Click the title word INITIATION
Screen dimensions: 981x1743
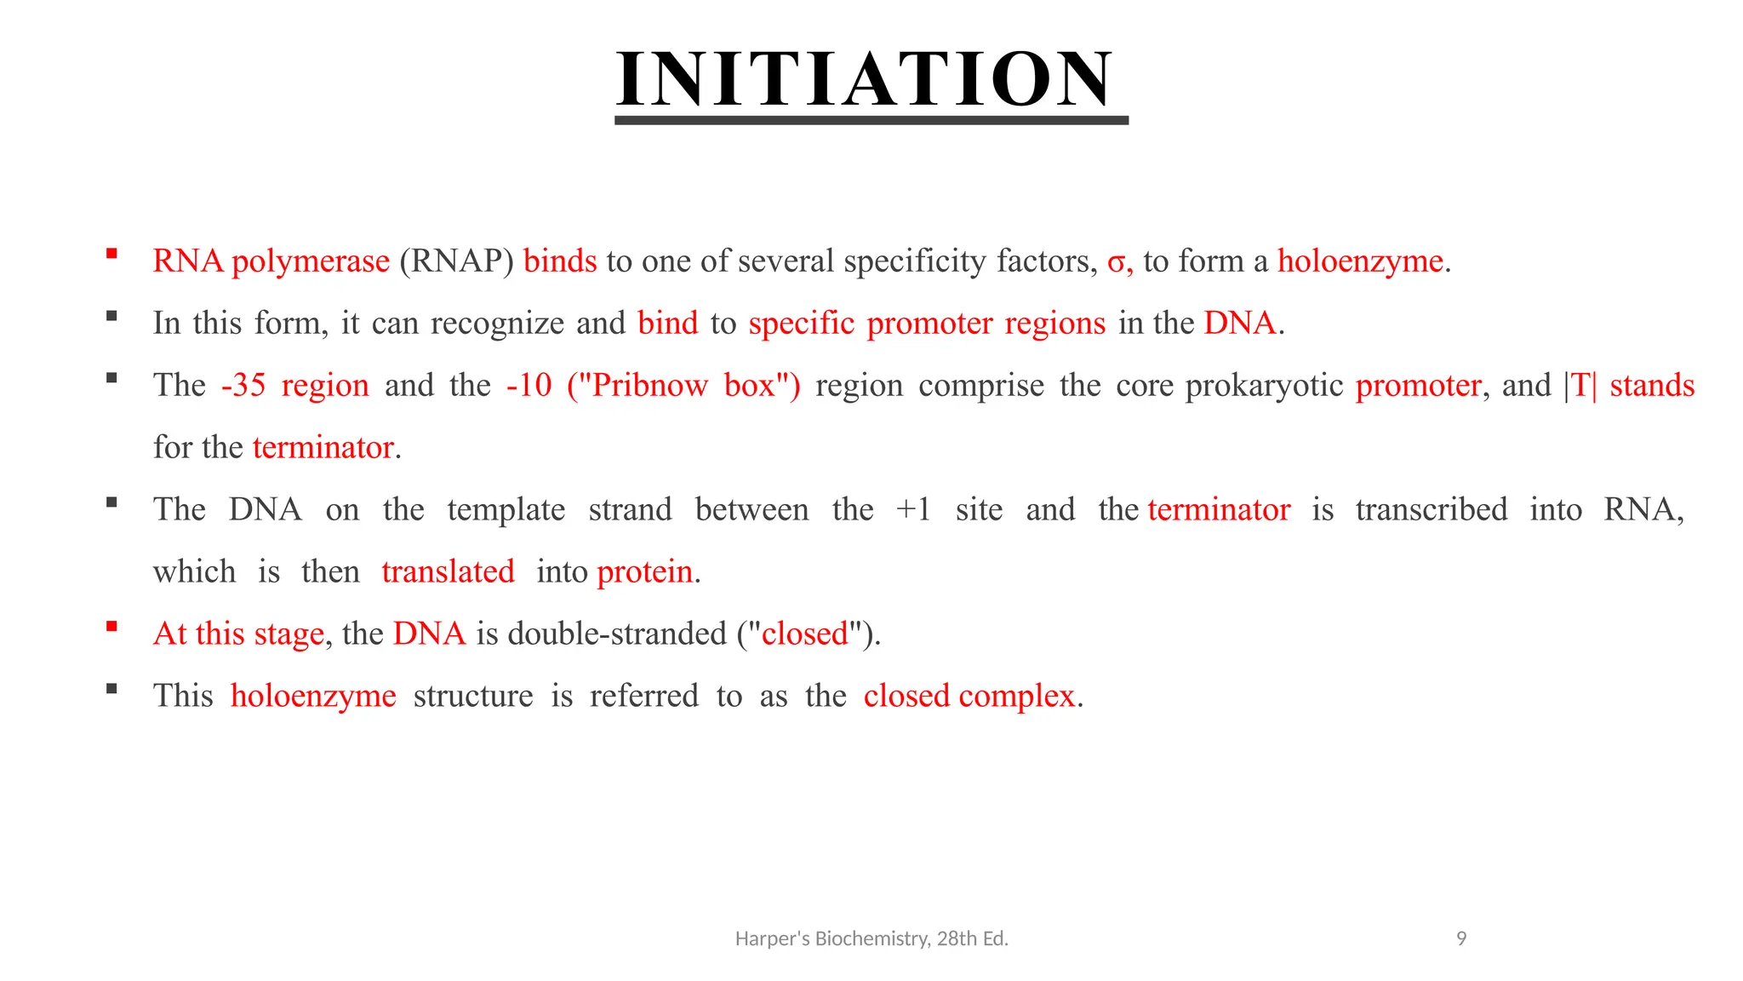click(865, 79)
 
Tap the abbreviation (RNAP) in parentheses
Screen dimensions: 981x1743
click(456, 261)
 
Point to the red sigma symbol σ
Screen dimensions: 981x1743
click(1117, 262)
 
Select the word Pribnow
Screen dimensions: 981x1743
click(649, 386)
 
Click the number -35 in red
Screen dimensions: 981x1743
click(243, 386)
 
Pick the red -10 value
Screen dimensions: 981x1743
click(529, 386)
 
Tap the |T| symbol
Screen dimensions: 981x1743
click(1580, 386)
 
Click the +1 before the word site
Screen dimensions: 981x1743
click(914, 510)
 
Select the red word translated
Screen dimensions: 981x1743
click(448, 572)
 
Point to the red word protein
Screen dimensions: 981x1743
click(644, 572)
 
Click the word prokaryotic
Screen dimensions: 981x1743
click(1264, 386)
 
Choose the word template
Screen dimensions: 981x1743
click(506, 510)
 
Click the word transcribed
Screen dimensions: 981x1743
click(1431, 510)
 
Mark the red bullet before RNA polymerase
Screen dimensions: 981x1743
click(111, 253)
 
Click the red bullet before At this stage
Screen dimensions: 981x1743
click(111, 627)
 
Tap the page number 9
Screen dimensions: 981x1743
click(1461, 938)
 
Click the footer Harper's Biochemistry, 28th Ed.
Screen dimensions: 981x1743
click(871, 938)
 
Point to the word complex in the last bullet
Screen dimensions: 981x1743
click(1016, 697)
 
